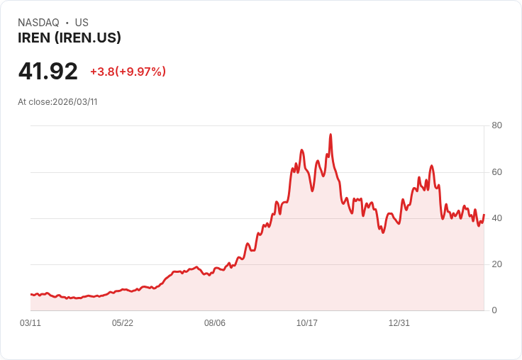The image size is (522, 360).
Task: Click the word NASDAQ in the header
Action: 38,23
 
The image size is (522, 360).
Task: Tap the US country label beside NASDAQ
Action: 82,23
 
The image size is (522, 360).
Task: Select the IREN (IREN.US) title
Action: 70,38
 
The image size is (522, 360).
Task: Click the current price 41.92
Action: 48,71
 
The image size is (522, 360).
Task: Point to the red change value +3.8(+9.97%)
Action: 128,72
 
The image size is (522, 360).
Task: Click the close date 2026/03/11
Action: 75,101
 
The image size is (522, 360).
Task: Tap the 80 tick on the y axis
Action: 496,125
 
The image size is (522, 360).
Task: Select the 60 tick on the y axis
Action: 496,172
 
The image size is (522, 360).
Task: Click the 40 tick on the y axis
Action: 496,218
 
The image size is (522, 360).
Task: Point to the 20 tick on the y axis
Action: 496,264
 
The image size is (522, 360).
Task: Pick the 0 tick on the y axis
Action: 494,310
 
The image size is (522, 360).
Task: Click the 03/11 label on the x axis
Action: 30,323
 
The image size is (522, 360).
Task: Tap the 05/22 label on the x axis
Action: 123,323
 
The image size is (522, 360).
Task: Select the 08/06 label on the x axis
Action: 215,323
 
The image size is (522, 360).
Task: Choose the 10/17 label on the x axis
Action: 307,323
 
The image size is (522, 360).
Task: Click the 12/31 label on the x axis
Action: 399,323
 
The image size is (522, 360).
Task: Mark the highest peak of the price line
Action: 331,135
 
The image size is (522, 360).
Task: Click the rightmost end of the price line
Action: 484,215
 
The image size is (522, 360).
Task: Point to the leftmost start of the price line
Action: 30,294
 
